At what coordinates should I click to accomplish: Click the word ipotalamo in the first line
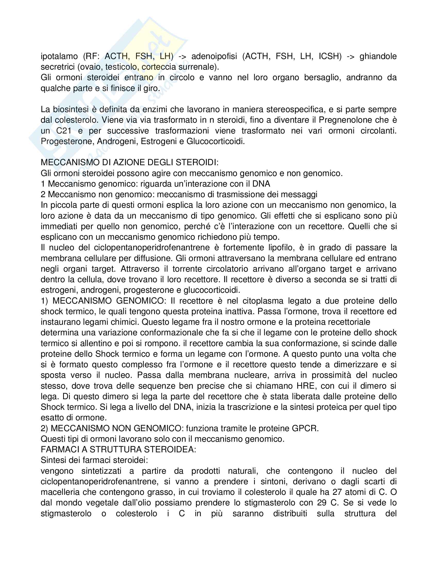click(59, 56)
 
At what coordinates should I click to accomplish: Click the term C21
click(64, 131)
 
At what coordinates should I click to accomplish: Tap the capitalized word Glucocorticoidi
click(215, 141)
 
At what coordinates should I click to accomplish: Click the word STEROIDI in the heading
click(197, 163)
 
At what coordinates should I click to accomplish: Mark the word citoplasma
click(277, 301)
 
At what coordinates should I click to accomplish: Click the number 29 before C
click(322, 503)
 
